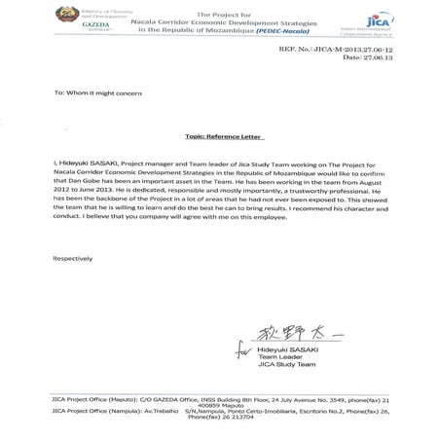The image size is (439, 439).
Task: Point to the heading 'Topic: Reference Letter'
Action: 219,139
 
